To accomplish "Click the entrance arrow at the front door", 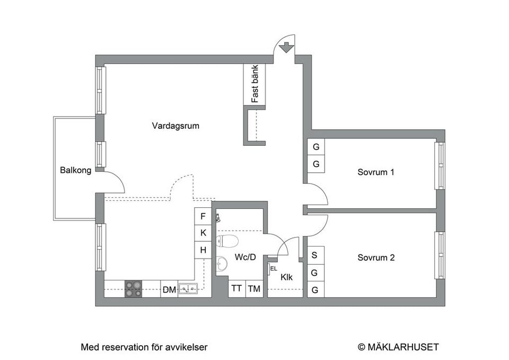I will (x=286, y=47).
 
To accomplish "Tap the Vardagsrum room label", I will (x=175, y=126).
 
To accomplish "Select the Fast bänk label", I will (x=254, y=84).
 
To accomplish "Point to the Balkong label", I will (x=75, y=170).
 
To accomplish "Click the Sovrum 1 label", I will (x=376, y=172).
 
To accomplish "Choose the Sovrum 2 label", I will (x=376, y=258).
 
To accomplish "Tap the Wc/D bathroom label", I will (x=245, y=257).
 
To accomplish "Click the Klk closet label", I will (x=286, y=277).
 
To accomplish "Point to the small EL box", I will (x=273, y=268).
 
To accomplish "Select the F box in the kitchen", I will (x=203, y=216).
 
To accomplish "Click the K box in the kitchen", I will (x=203, y=233).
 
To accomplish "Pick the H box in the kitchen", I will (x=203, y=250).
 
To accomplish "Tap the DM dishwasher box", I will (x=169, y=289).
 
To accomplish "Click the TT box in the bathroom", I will (x=236, y=288).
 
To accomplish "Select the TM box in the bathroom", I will (x=254, y=288).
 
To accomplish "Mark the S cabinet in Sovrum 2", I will (x=315, y=255).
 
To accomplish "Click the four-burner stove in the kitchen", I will (x=133, y=289).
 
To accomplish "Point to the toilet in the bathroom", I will (x=227, y=241).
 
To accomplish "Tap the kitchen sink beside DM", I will (x=187, y=289).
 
